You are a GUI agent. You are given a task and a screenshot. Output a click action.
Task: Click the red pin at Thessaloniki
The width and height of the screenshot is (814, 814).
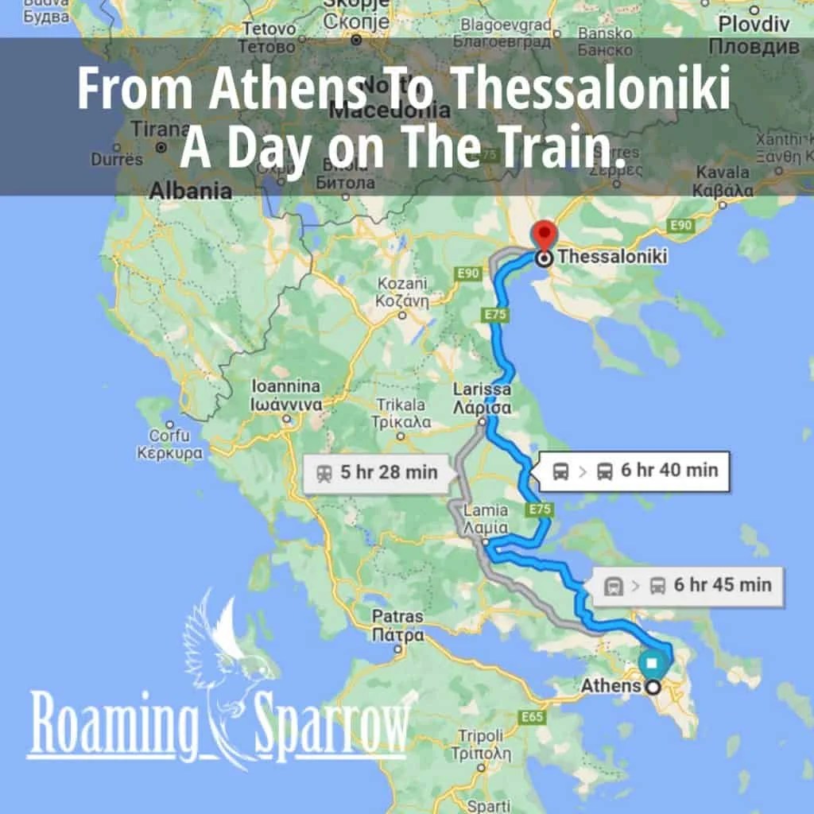544,235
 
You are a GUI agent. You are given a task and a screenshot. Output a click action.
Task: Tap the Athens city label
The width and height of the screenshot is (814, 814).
610,685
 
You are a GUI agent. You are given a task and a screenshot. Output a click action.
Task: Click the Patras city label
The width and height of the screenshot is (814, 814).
398,626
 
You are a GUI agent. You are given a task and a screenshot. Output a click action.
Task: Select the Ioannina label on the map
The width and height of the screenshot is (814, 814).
286,395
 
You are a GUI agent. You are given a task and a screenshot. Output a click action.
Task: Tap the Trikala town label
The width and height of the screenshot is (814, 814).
403,413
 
